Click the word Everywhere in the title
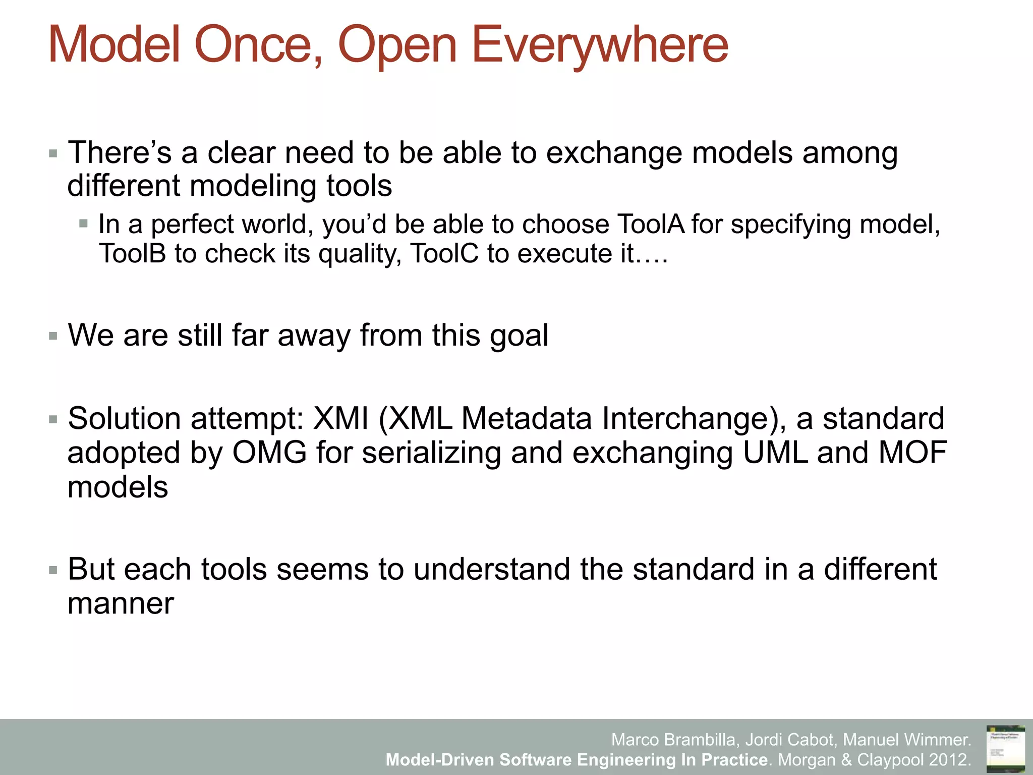click(x=599, y=45)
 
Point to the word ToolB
click(x=132, y=253)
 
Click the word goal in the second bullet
click(x=519, y=336)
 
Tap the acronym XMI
click(x=341, y=419)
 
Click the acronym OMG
click(x=269, y=453)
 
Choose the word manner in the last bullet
click(x=121, y=604)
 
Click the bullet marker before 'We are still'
click(x=53, y=336)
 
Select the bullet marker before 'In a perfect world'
click(x=84, y=224)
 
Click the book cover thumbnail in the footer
click(x=1005, y=747)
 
